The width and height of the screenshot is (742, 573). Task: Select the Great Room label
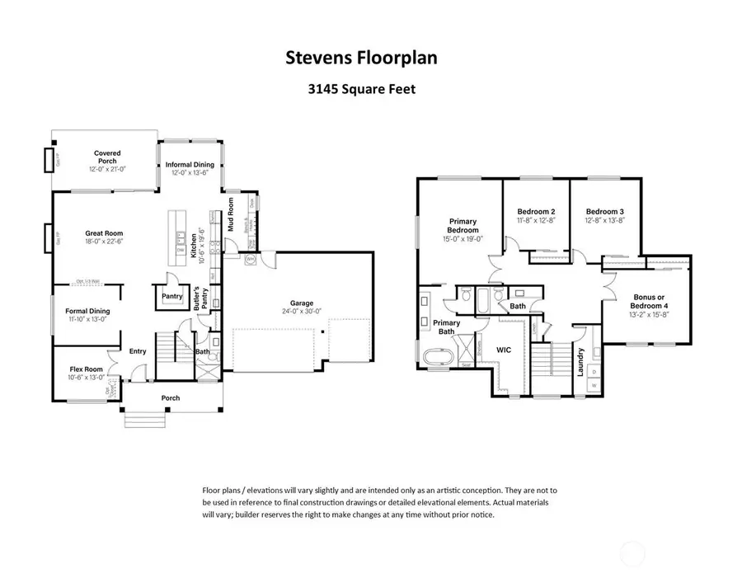click(x=104, y=233)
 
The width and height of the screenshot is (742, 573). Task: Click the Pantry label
click(x=171, y=295)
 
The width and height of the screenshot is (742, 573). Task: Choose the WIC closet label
click(x=504, y=350)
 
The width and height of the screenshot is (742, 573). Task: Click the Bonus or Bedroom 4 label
click(x=649, y=302)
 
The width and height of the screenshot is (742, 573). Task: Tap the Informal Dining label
click(x=190, y=164)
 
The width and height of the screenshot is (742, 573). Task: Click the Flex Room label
click(x=85, y=369)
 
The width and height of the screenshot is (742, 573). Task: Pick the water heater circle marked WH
click(x=251, y=260)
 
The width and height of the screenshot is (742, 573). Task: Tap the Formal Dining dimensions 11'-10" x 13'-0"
click(x=87, y=319)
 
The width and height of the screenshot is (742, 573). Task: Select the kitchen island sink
click(x=179, y=237)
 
